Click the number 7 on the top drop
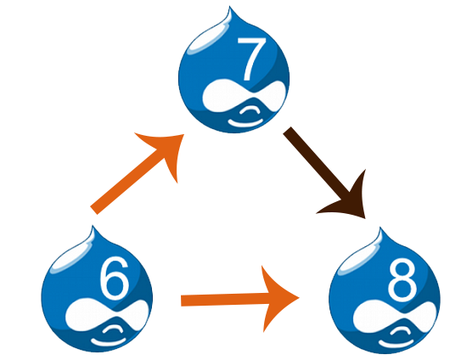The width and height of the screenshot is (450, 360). click(250, 59)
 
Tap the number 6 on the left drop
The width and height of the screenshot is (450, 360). click(114, 278)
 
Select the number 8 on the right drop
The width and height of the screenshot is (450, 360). click(402, 279)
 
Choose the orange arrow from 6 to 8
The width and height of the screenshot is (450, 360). click(239, 300)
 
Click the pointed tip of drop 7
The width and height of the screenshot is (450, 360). click(229, 6)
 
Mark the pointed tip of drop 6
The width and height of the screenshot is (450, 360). click(93, 226)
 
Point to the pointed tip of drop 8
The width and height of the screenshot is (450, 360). click(380, 228)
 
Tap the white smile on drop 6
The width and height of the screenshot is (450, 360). click(108, 342)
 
